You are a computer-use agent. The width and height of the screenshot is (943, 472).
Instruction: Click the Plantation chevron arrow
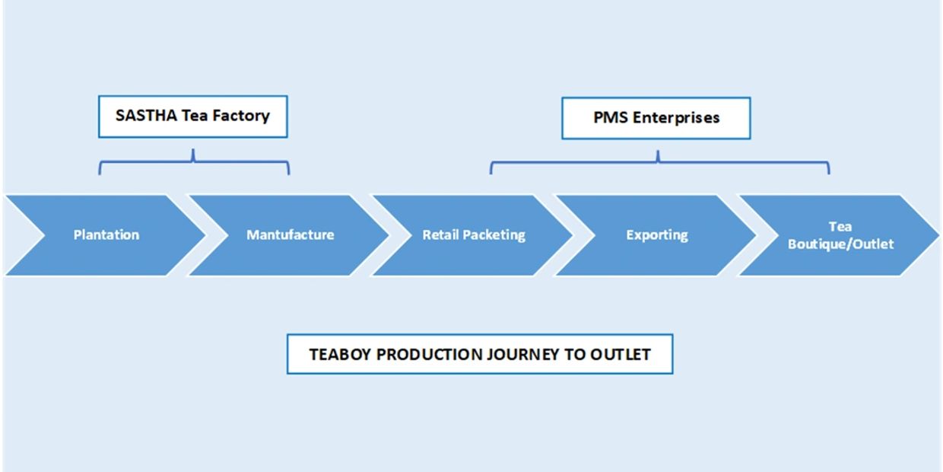click(105, 235)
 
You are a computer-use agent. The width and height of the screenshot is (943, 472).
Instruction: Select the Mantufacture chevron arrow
click(290, 235)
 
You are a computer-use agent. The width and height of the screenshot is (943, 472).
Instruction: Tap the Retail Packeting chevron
click(473, 235)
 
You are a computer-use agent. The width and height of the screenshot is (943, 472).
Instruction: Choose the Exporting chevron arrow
click(657, 235)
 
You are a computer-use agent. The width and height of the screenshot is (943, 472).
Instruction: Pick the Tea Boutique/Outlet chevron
click(840, 235)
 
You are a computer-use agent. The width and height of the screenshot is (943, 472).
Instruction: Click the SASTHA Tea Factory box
click(193, 116)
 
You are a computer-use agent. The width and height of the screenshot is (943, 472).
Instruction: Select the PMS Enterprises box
click(656, 118)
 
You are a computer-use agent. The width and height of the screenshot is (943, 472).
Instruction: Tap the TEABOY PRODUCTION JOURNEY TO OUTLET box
click(480, 354)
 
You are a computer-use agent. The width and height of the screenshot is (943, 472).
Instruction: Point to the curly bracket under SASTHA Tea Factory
click(194, 161)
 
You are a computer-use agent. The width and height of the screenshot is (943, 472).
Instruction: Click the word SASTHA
click(146, 116)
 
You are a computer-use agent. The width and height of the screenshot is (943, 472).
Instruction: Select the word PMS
click(610, 117)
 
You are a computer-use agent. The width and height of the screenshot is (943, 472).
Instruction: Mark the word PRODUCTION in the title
click(429, 355)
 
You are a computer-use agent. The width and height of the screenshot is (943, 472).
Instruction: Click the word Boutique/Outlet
click(840, 244)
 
